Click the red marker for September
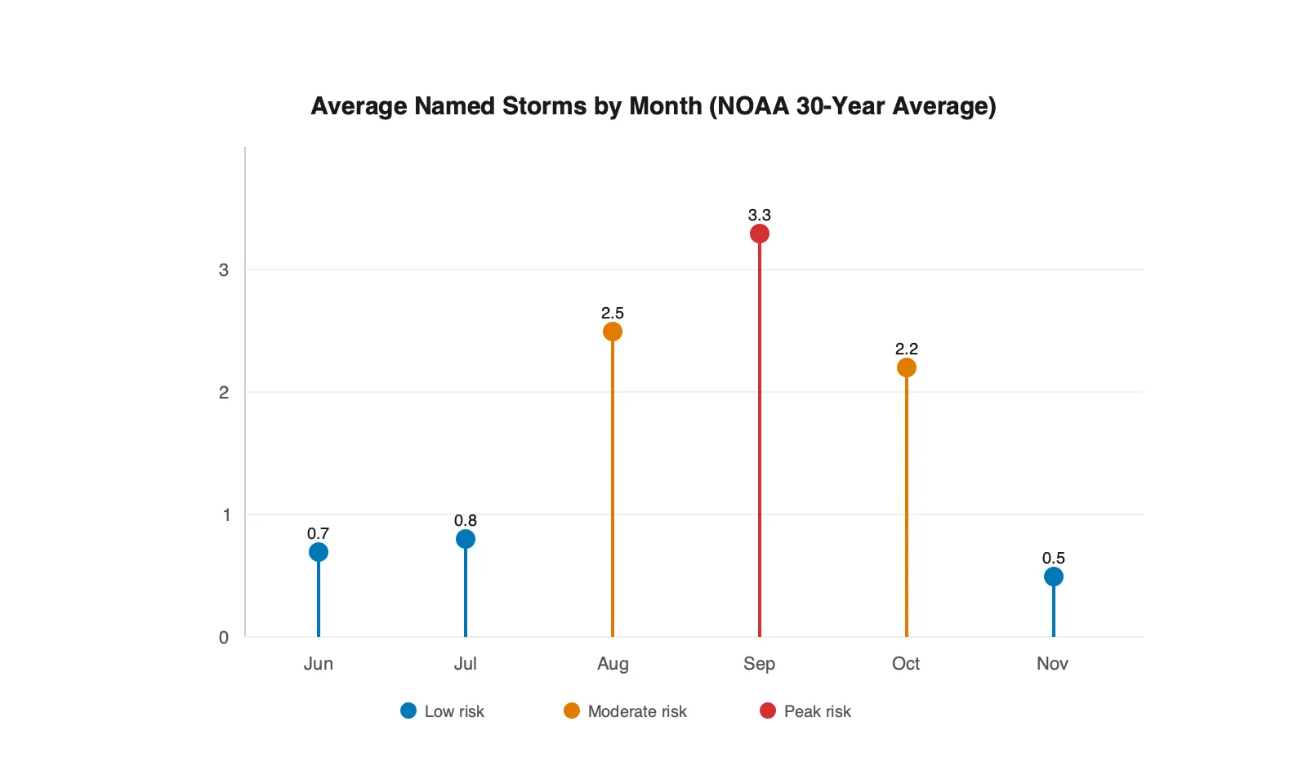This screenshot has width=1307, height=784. click(760, 234)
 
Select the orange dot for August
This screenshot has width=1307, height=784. click(613, 332)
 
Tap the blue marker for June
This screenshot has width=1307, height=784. click(319, 552)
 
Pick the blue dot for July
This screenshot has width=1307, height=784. click(466, 539)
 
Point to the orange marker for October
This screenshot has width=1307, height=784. click(907, 367)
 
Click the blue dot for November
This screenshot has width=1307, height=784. click(1054, 577)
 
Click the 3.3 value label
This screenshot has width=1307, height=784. click(760, 215)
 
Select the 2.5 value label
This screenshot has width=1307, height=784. click(613, 313)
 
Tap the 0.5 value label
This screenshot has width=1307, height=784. click(1054, 558)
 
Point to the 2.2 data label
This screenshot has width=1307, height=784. click(907, 349)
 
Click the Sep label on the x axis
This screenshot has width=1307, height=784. click(759, 663)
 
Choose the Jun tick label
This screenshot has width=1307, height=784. click(319, 663)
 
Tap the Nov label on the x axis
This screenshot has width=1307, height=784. click(1052, 663)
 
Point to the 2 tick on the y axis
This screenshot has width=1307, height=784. click(224, 392)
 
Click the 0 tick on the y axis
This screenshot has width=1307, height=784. click(224, 637)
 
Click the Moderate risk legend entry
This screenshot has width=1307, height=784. click(626, 711)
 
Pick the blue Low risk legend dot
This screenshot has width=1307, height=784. click(408, 710)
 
